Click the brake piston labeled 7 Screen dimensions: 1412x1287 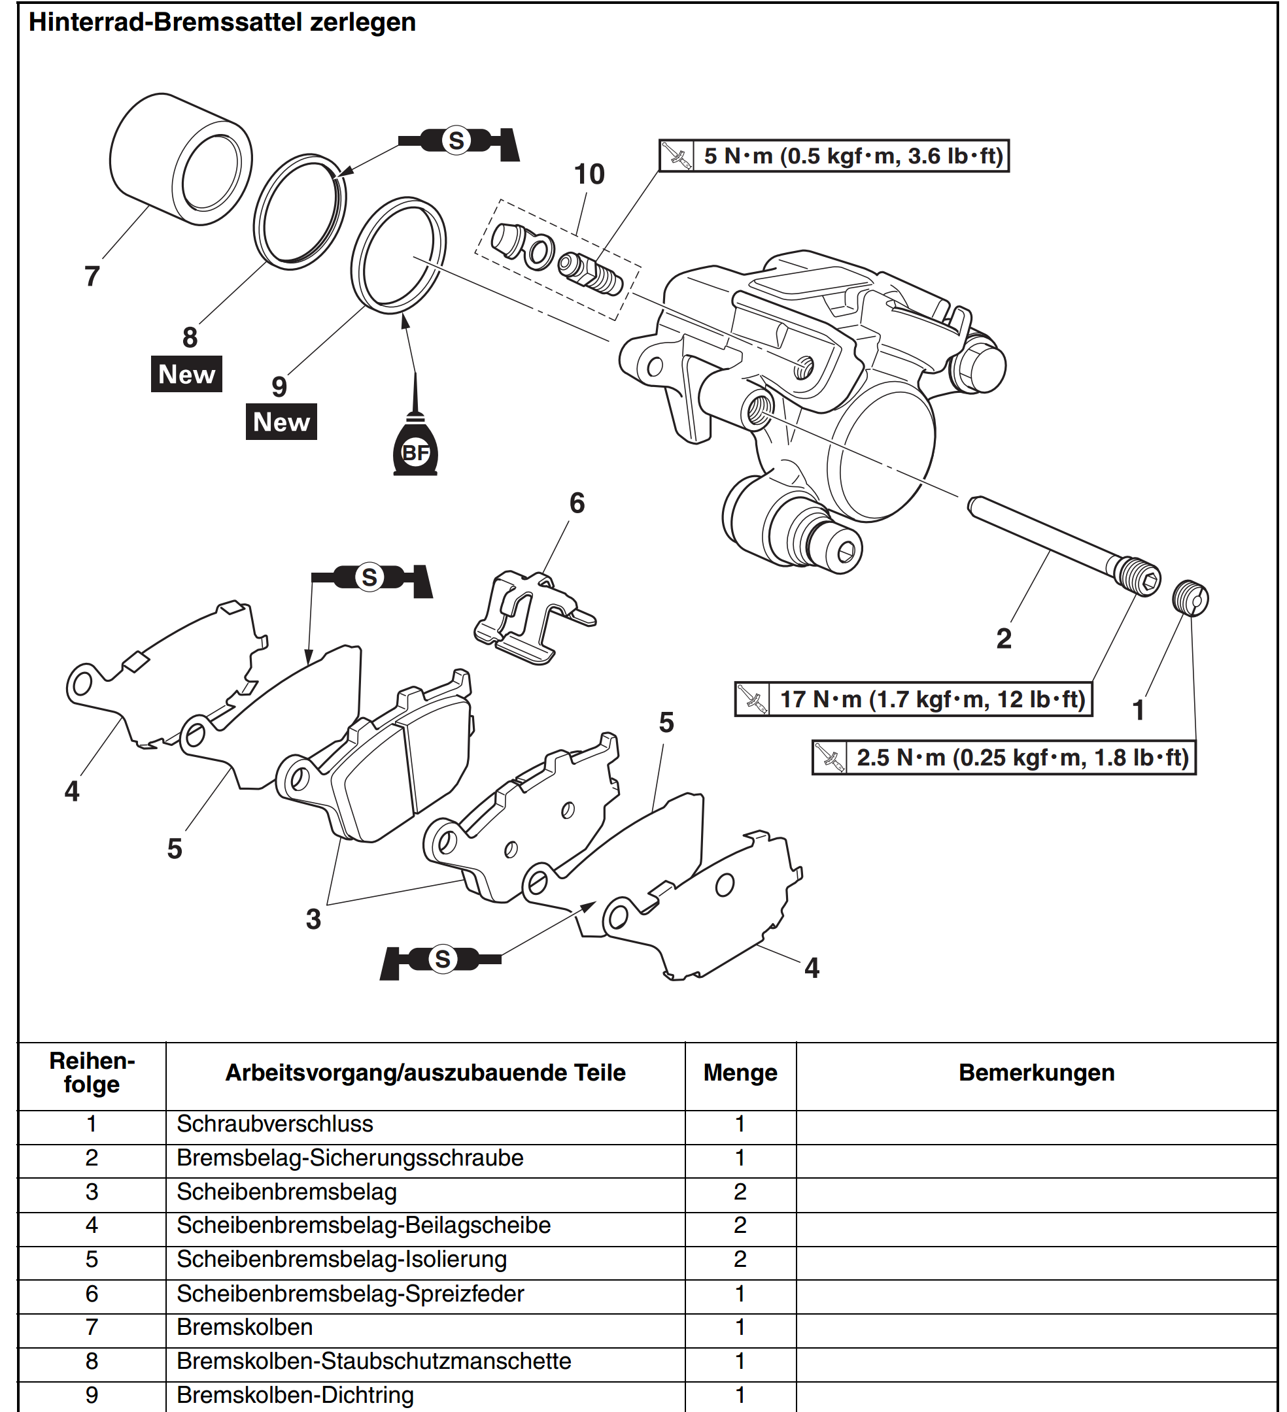click(x=180, y=159)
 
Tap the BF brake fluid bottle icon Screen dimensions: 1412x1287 click(x=415, y=450)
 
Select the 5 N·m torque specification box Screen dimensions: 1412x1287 click(x=834, y=156)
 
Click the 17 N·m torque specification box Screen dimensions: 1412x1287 click(x=913, y=699)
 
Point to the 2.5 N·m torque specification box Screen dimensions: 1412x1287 click(x=1003, y=757)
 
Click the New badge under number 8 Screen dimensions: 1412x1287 click(x=186, y=374)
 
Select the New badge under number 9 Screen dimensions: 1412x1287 click(x=281, y=422)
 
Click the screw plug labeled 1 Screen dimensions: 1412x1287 click(x=1190, y=598)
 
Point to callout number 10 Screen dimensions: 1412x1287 click(x=589, y=175)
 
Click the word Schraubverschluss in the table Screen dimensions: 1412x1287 click(x=275, y=1124)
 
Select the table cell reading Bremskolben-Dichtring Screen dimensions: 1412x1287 click(x=295, y=1394)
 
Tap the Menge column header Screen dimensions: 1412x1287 click(x=740, y=1073)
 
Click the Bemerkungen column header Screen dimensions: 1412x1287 click(x=1036, y=1073)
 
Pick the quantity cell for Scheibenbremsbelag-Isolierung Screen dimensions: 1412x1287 click(x=740, y=1259)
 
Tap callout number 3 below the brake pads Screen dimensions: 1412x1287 click(x=313, y=919)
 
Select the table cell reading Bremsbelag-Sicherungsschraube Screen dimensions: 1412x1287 click(x=350, y=1158)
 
